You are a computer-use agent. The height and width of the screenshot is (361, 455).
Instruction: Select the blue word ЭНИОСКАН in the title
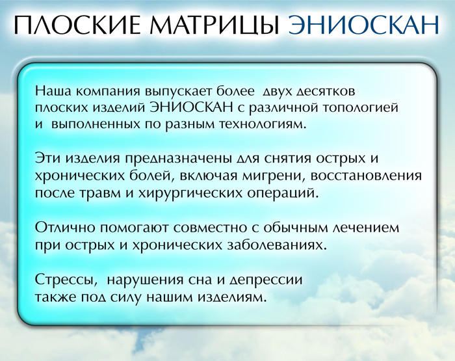(363, 25)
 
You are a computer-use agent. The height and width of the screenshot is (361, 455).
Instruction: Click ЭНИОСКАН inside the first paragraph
(192, 107)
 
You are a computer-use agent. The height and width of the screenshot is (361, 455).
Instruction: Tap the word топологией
(360, 109)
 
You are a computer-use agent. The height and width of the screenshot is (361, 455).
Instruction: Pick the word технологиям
(263, 125)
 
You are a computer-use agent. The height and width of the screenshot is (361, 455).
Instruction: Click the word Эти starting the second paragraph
(47, 159)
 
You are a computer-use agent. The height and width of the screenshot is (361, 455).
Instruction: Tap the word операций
(283, 194)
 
